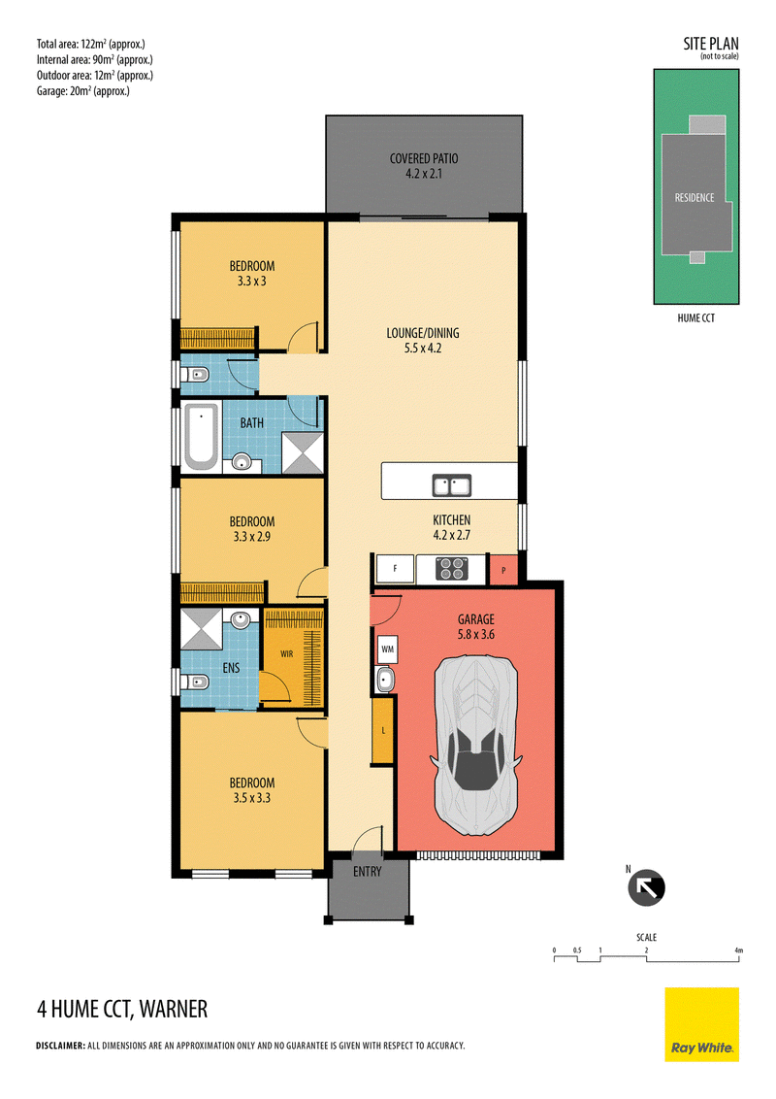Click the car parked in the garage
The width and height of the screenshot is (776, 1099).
click(x=476, y=746)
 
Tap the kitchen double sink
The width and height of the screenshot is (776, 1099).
click(x=452, y=485)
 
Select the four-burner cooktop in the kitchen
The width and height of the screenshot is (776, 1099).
click(x=452, y=568)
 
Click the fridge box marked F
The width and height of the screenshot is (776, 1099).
click(x=395, y=569)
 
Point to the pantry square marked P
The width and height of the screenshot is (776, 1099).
click(x=503, y=570)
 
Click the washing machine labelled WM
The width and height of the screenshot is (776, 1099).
click(x=387, y=649)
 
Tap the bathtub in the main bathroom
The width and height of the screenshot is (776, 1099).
click(x=200, y=438)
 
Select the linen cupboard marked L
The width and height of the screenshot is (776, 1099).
click(x=382, y=730)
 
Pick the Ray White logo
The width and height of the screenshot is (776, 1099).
click(x=701, y=1024)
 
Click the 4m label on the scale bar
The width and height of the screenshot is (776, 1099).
click(x=738, y=950)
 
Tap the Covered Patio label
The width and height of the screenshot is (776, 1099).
click(x=424, y=158)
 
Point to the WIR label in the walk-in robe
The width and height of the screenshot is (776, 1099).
click(x=286, y=654)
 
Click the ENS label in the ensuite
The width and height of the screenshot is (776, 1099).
click(x=231, y=668)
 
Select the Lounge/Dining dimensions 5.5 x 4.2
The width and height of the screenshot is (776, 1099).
click(x=423, y=349)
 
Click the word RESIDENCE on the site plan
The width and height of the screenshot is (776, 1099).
click(x=695, y=198)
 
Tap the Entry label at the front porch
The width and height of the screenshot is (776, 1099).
click(x=367, y=871)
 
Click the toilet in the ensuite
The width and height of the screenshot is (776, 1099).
click(x=195, y=682)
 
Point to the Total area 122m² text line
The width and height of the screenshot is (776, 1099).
click(x=91, y=44)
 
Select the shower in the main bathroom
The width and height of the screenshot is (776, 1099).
click(x=303, y=452)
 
